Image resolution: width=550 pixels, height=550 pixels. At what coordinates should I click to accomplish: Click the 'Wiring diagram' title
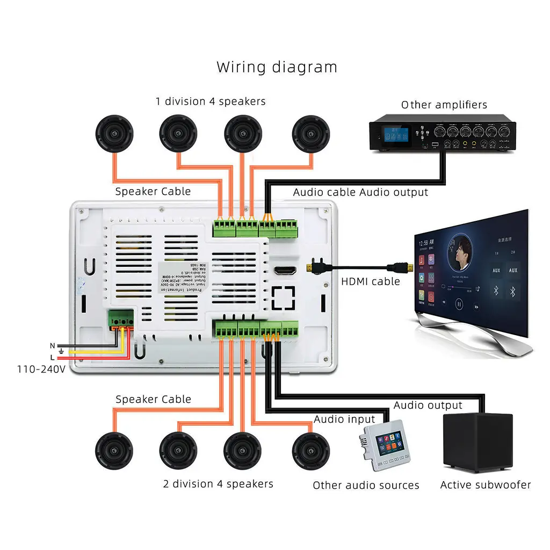click(277, 67)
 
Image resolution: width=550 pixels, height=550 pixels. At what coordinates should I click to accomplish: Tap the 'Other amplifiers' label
click(444, 105)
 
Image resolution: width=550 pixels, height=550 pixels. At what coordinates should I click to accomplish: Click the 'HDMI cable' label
click(371, 281)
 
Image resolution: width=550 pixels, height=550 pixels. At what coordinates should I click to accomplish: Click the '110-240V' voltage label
click(41, 369)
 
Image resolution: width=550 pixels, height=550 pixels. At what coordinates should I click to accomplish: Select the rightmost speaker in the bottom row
click(310, 450)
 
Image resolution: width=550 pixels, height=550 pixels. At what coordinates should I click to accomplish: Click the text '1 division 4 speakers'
click(211, 101)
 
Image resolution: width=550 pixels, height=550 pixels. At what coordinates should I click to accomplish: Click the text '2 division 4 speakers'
click(218, 484)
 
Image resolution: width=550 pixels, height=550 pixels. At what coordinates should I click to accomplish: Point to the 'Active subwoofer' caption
click(485, 485)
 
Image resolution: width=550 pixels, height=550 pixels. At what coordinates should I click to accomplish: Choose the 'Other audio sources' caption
click(366, 486)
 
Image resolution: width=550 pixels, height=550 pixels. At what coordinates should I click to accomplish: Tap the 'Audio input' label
click(344, 419)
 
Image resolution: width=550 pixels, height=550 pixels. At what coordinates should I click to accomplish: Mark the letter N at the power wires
click(52, 345)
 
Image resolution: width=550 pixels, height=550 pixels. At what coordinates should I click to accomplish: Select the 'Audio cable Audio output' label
click(360, 192)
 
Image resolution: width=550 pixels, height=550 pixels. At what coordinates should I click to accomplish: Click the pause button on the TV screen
click(459, 303)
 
